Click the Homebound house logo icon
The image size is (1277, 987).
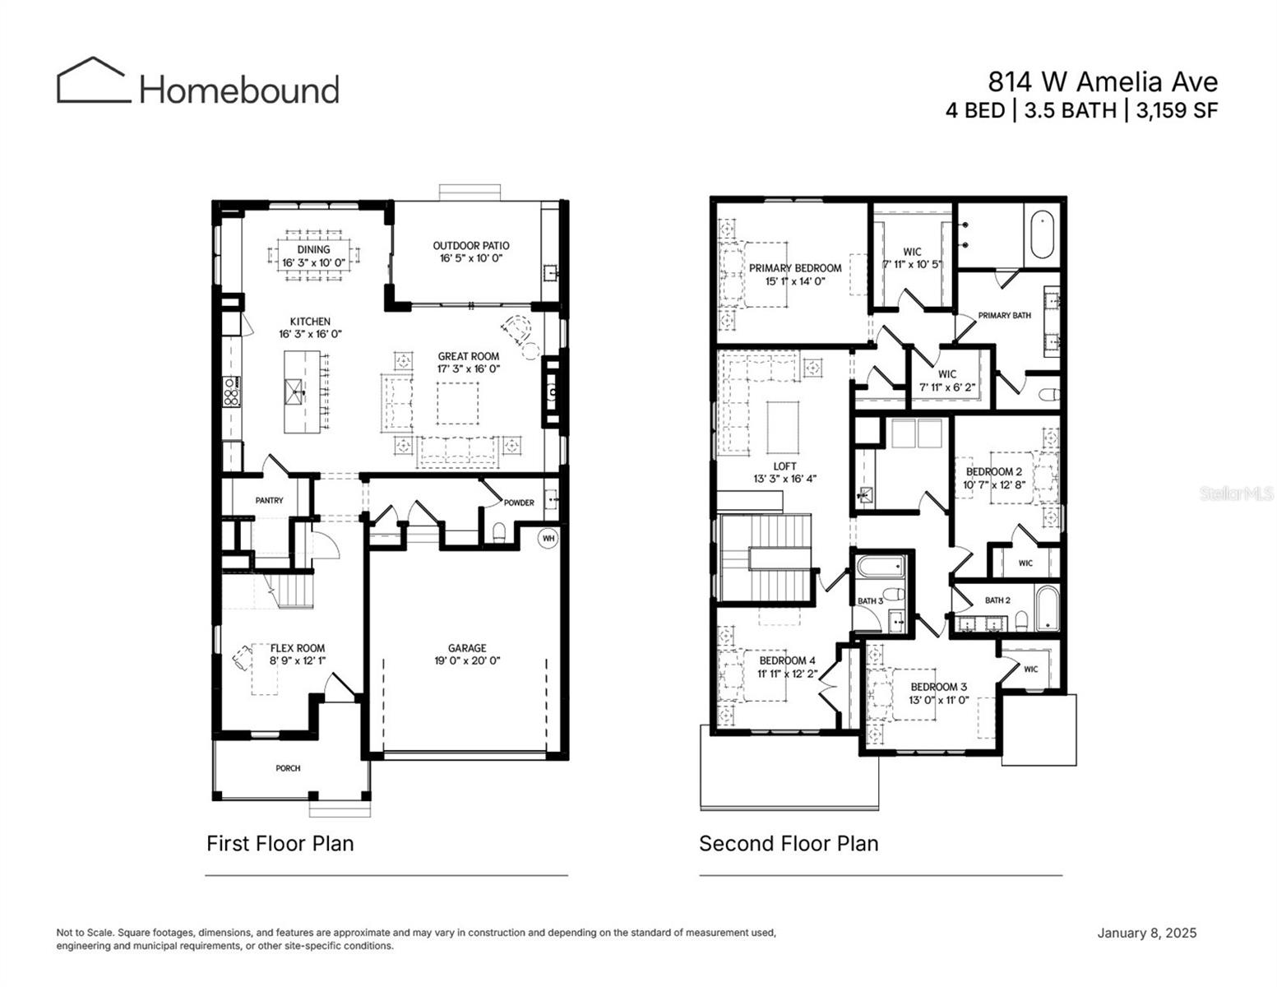93,81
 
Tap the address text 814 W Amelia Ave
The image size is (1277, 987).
1102,82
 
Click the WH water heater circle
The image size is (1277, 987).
548,539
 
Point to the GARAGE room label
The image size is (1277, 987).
467,648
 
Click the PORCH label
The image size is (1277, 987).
288,768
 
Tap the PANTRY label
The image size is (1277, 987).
269,500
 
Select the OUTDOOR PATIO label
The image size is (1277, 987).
471,245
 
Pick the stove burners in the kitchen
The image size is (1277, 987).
231,392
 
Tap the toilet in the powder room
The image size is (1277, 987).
497,532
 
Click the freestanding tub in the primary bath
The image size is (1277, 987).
1043,231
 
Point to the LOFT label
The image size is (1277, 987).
784,466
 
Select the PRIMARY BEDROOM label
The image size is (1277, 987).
794,268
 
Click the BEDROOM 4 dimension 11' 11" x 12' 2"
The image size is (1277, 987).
787,674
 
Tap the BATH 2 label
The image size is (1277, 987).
997,600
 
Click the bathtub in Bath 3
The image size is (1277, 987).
881,567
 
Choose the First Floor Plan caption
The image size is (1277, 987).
280,844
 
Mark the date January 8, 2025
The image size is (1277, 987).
1146,933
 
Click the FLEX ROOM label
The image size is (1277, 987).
297,648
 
